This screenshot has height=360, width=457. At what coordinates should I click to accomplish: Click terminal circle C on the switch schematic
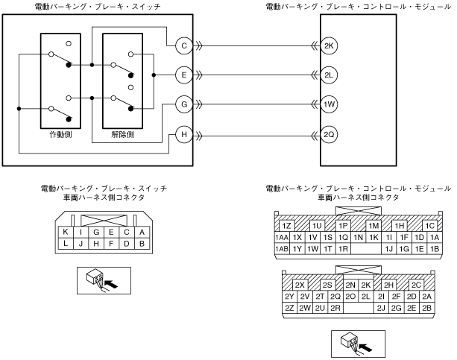pyautogui.click(x=184, y=46)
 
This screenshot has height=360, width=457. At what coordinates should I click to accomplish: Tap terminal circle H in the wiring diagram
pyautogui.click(x=184, y=135)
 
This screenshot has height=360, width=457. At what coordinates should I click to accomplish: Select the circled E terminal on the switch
pyautogui.click(x=184, y=75)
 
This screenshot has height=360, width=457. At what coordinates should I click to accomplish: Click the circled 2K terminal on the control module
pyautogui.click(x=330, y=46)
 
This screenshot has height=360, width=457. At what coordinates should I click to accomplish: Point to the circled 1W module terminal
pyautogui.click(x=330, y=104)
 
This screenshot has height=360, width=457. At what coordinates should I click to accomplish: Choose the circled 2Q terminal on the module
pyautogui.click(x=330, y=135)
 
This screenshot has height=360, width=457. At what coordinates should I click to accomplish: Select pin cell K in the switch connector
pyautogui.click(x=66, y=232)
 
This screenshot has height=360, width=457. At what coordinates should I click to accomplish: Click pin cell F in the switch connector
pyautogui.click(x=112, y=244)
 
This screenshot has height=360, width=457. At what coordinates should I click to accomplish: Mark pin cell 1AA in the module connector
pyautogui.click(x=282, y=237)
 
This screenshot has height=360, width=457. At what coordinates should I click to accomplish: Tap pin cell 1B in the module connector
pyautogui.click(x=435, y=249)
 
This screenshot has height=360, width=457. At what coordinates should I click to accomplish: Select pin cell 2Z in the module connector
pyautogui.click(x=289, y=307)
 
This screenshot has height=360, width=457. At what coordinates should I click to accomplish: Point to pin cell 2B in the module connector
pyautogui.click(x=427, y=307)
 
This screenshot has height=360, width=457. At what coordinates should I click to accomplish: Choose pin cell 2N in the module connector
pyautogui.click(x=350, y=285)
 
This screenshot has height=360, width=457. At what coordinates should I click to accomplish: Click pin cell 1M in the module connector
pyautogui.click(x=374, y=225)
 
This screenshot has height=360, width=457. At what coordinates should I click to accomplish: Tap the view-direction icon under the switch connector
pyautogui.click(x=104, y=278)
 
